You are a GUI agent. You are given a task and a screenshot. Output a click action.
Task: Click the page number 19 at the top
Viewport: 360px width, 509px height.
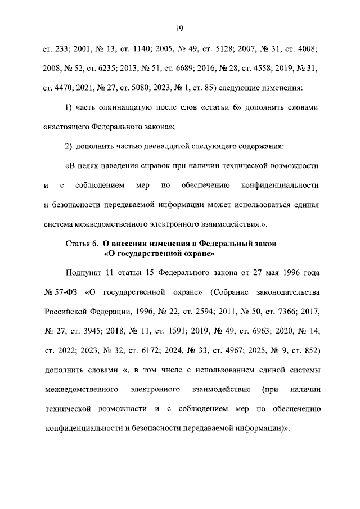(x=180, y=29)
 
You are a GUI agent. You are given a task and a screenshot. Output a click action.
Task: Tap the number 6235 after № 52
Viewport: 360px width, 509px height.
(x=114, y=69)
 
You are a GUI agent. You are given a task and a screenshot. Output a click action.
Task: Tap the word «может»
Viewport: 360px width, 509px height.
(x=219, y=205)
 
